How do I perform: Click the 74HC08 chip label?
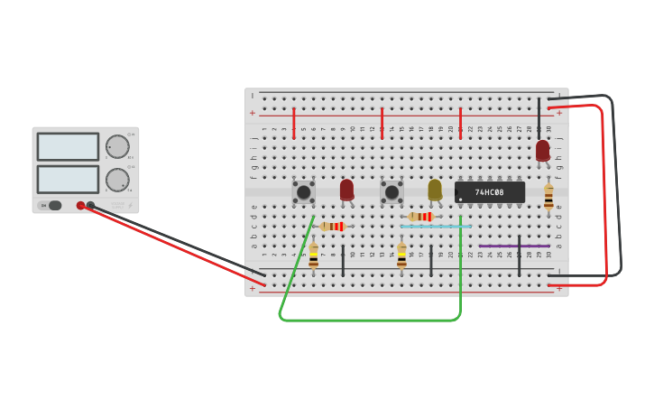[x=490, y=192]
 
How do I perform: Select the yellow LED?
[x=435, y=190]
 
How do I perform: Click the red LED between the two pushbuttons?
[x=346, y=190]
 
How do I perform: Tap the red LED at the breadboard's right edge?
[x=542, y=151]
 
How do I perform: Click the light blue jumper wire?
[x=436, y=226]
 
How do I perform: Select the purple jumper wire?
[x=514, y=246]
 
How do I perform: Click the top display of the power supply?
[x=68, y=147]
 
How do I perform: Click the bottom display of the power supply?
[x=68, y=179]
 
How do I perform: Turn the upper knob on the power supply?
[x=117, y=146]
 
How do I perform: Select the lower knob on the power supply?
[x=117, y=180]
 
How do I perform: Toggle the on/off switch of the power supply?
[x=55, y=205]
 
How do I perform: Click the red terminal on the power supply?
[x=80, y=206]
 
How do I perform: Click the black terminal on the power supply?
[x=90, y=206]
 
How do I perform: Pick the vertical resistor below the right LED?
[x=548, y=197]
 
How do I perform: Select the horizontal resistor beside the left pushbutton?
[x=333, y=226]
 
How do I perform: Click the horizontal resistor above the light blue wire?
[x=420, y=217]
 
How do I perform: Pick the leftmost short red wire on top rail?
[x=294, y=123]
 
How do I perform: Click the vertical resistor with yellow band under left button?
[x=313, y=256]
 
